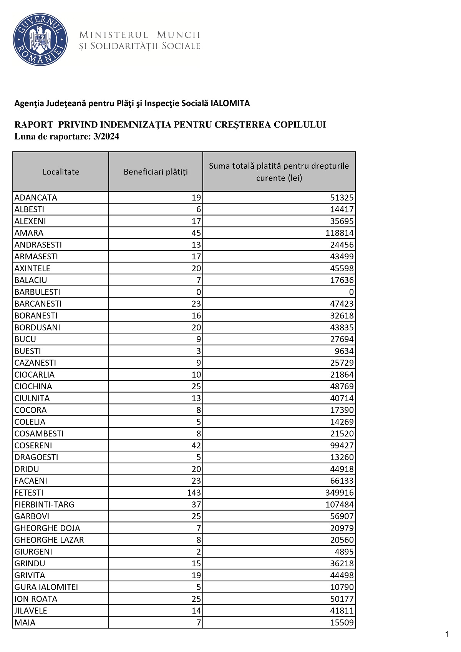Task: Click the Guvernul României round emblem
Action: pos(40,40)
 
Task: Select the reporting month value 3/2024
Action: pos(106,137)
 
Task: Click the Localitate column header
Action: pos(61,172)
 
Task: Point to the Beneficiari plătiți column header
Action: pos(156,172)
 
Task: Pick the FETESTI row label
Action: pos(29,493)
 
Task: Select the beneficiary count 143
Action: pos(194,493)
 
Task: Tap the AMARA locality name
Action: pos(29,233)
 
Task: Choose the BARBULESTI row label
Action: pos(37,292)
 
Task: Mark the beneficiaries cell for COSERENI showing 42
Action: pos(196,445)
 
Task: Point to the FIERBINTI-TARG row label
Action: pos(44,504)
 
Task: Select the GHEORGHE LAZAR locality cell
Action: pos(49,540)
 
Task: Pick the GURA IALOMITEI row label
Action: pos(46,587)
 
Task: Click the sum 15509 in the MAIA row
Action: pos(342,622)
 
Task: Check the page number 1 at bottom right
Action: pos(447,634)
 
